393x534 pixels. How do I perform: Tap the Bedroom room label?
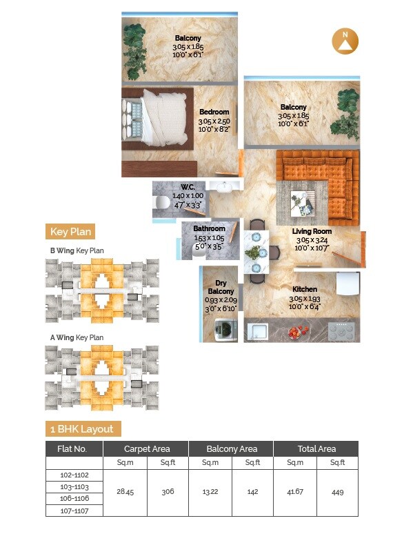214,112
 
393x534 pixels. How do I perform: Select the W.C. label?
188,187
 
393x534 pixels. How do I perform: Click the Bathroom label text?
209,228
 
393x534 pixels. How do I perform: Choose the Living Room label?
312,232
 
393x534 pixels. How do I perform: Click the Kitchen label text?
304,289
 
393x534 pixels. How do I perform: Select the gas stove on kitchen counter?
342,332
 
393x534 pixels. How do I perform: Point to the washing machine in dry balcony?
223,332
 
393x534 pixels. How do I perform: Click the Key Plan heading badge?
70,232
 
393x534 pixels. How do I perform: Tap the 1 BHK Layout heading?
81,428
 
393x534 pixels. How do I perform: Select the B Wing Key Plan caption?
76,250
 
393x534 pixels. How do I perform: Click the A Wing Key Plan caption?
76,337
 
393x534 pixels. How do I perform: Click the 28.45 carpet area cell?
125,493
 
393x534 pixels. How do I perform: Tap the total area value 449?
337,493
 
